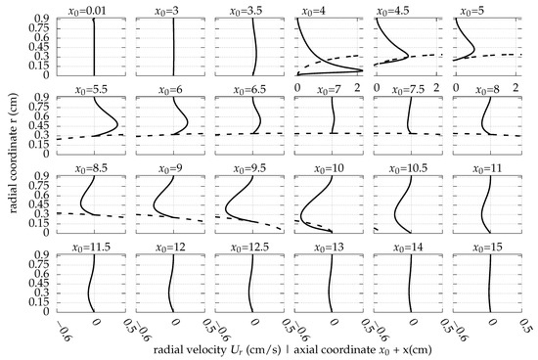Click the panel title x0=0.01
pos(94,9)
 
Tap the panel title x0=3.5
pos(253,9)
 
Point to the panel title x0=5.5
pos(94,89)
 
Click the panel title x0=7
pos(333,89)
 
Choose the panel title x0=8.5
pos(94,168)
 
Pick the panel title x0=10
pos(333,168)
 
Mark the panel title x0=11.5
pos(94,248)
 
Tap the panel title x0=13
pos(333,248)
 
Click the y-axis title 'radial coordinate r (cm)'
pos(9,166)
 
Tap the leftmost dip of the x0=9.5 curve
pos(226,208)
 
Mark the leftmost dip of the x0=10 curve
pos(300,211)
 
